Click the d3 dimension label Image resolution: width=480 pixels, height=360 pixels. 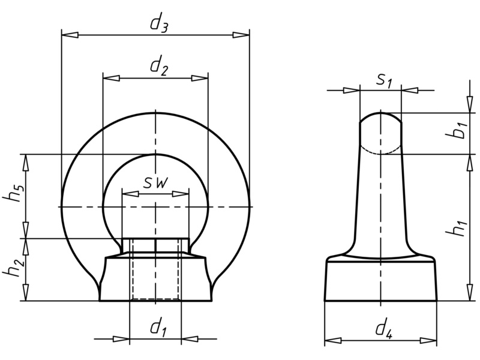pos(158,24)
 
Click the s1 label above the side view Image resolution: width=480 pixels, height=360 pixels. pos(385,80)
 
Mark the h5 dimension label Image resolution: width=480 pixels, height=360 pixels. pos(17,195)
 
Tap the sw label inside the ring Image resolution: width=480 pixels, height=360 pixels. pos(155,183)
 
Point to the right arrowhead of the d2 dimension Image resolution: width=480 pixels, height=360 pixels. pos(200,78)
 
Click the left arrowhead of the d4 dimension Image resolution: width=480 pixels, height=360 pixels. pos(332,340)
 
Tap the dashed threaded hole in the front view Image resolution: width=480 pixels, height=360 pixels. pos(155,276)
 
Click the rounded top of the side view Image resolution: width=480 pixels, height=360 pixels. pos(380,123)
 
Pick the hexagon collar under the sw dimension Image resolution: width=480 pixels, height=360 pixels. pos(155,245)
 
